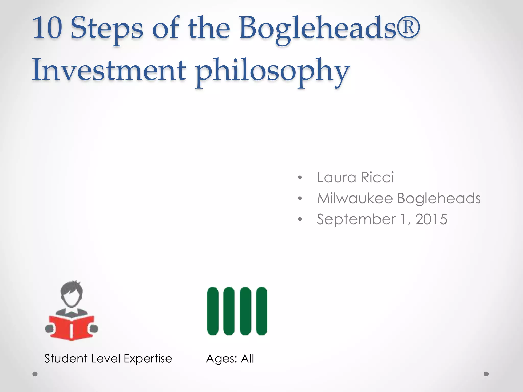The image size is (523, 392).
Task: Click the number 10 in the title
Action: tap(47, 28)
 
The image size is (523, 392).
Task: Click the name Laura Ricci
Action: tap(355, 177)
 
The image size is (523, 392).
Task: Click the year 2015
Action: tap(431, 219)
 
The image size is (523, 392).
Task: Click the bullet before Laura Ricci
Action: tap(300, 178)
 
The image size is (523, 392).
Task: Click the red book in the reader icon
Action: tap(72, 328)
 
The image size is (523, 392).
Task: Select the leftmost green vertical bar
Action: tap(213, 311)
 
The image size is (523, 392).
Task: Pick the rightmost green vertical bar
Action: tap(261, 311)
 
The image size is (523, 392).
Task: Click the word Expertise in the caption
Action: tap(148, 359)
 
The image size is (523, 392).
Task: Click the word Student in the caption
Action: tap(66, 359)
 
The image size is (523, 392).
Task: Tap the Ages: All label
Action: tap(230, 359)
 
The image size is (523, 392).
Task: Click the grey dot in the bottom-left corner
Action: tap(35, 374)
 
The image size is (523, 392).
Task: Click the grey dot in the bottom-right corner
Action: tap(486, 374)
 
